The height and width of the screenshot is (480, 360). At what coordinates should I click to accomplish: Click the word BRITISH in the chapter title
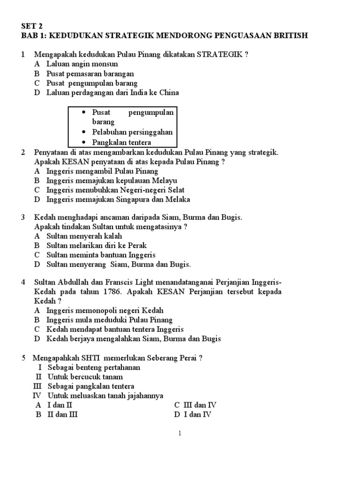tap(291, 36)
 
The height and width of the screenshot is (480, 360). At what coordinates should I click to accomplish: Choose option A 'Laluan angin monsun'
tap(82, 64)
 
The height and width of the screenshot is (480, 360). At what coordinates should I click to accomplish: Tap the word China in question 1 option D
tap(169, 93)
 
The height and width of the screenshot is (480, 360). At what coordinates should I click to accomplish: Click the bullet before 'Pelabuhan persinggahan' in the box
tap(83, 132)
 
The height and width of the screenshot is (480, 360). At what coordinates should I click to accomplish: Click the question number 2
tap(23, 152)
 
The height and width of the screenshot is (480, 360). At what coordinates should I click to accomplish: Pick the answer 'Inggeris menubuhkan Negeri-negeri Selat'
tap(115, 190)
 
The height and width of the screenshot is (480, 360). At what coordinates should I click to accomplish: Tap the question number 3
tap(23, 217)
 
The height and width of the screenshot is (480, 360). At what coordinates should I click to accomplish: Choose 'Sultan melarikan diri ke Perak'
tap(97, 246)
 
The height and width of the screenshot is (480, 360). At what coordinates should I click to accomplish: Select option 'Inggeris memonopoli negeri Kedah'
tap(105, 310)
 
